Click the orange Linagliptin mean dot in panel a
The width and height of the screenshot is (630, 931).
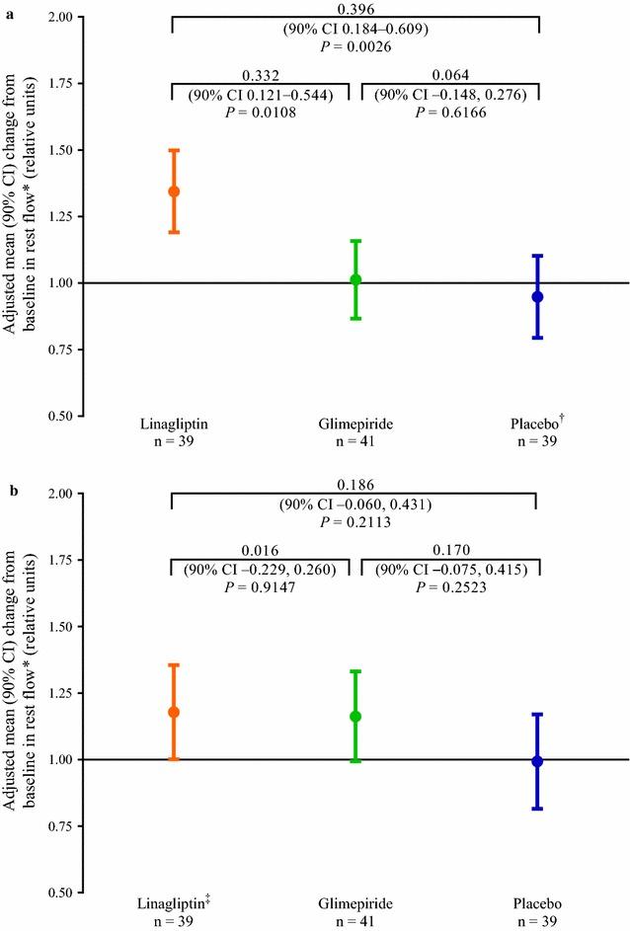coord(174,192)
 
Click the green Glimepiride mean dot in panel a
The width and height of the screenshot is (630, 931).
coord(355,279)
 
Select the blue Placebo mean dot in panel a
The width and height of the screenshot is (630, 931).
coord(537,296)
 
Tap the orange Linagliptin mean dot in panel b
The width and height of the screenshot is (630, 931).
coord(174,712)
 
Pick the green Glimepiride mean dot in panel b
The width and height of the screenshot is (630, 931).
coord(355,716)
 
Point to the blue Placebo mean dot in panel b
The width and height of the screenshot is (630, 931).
coord(537,761)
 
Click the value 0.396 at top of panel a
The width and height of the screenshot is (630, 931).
coord(355,8)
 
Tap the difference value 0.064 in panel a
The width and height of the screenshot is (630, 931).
coord(451,75)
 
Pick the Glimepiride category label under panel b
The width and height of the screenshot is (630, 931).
coord(355,903)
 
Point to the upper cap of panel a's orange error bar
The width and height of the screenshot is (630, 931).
coord(174,150)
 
